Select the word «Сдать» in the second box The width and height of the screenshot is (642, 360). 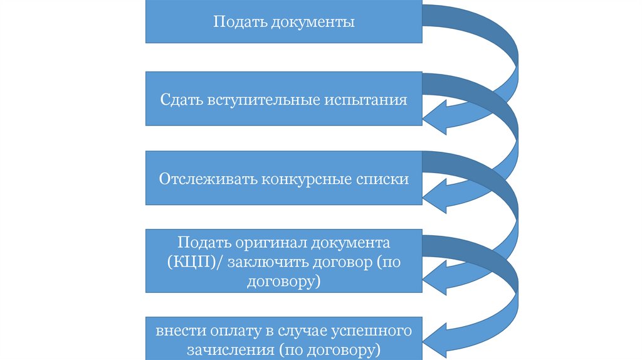179,100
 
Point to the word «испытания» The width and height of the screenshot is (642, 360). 370,100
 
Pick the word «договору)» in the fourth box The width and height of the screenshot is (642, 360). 284,282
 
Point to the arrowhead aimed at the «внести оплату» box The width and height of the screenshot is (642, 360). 436,342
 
